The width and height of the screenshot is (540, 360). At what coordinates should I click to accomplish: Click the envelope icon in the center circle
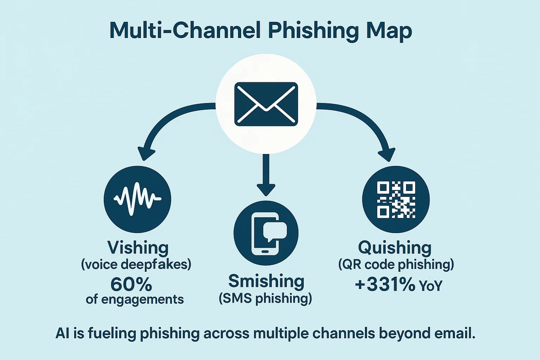click(x=266, y=104)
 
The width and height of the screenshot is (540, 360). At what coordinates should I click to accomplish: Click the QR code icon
click(x=396, y=199)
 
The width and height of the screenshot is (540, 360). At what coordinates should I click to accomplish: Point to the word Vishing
click(x=138, y=247)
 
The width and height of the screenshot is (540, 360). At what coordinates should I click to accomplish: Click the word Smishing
click(x=266, y=281)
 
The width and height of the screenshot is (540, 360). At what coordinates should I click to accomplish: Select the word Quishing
click(x=394, y=247)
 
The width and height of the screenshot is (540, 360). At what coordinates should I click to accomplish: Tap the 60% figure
click(x=131, y=284)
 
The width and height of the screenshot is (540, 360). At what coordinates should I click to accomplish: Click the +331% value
click(x=385, y=284)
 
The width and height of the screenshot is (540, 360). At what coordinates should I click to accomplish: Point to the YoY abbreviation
click(x=431, y=286)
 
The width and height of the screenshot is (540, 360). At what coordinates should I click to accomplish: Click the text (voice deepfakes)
click(x=136, y=264)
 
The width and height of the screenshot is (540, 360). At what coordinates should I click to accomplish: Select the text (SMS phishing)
click(x=265, y=298)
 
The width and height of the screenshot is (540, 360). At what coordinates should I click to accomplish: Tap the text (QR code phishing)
click(x=396, y=264)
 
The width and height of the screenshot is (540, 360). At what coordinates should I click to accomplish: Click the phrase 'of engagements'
click(x=135, y=300)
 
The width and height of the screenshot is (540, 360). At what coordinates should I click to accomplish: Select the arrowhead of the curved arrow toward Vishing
click(x=146, y=153)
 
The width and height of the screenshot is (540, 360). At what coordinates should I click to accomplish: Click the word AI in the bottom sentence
click(x=63, y=333)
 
